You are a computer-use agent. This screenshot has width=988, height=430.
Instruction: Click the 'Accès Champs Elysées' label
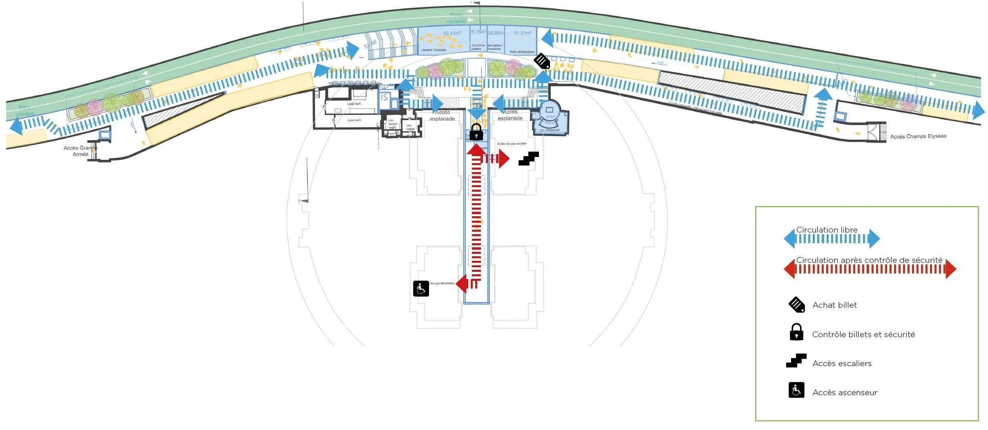[918, 136]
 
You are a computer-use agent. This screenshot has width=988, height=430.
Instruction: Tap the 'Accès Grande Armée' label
[80, 151]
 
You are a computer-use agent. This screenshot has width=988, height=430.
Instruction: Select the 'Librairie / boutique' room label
[434, 50]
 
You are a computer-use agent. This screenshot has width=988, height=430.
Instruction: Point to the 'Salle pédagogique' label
[522, 52]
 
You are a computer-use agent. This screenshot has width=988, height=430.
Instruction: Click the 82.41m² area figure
[452, 33]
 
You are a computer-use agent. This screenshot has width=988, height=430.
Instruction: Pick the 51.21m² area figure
[523, 33]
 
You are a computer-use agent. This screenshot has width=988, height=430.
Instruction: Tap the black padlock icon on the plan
[476, 132]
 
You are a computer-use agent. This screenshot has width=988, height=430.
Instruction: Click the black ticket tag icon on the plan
[542, 61]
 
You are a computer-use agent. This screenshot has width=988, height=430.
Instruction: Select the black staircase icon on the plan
[528, 159]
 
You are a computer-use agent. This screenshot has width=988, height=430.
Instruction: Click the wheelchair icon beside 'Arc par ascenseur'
[421, 289]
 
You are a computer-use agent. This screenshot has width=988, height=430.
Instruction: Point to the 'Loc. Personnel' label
[549, 130]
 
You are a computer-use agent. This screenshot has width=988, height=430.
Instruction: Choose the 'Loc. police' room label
[410, 127]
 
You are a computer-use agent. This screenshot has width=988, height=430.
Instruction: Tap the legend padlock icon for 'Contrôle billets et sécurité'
[796, 332]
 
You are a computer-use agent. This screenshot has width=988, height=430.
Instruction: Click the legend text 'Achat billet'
[834, 305]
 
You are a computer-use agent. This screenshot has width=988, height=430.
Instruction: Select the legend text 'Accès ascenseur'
[845, 392]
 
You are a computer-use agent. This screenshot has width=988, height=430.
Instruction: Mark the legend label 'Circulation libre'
[827, 230]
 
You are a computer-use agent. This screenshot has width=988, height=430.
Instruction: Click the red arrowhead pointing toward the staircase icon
[504, 159]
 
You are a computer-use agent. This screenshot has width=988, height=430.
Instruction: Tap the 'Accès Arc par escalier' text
[512, 144]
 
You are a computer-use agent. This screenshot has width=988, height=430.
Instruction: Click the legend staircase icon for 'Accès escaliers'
[796, 361]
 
